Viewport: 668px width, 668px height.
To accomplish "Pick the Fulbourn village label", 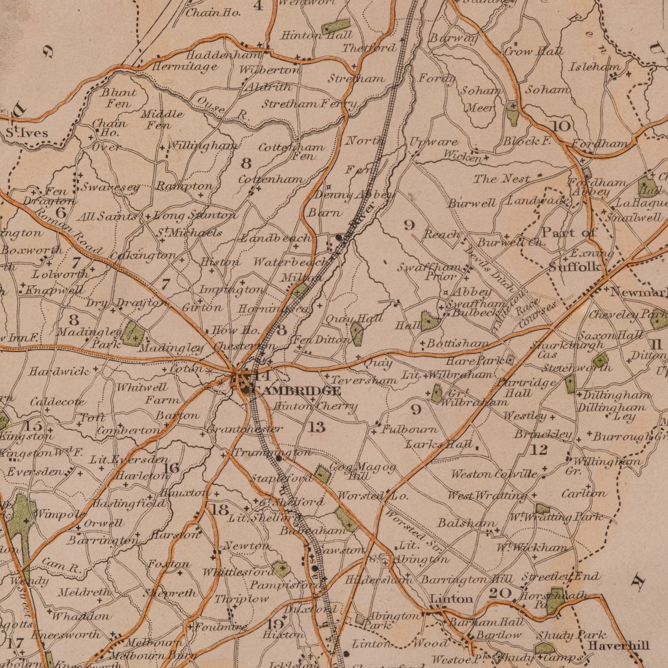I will point(410,429).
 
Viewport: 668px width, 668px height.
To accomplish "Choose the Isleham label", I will point(595,67).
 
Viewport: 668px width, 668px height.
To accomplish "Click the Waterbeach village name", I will point(289,262).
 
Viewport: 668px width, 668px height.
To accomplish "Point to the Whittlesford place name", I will point(238,572).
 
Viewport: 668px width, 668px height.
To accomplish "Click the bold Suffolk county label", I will point(574,267).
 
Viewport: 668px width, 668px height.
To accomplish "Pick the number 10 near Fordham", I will point(561,126).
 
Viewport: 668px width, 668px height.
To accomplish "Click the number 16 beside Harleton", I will point(171,468).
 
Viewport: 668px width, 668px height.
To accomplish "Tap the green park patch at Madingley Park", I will point(133,335).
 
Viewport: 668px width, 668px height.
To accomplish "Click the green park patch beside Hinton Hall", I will point(336,26).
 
